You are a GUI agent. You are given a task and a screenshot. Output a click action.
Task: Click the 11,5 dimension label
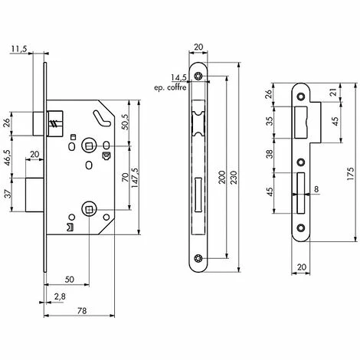pos(19,48)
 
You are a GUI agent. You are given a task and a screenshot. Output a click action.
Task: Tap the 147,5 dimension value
pos(135,178)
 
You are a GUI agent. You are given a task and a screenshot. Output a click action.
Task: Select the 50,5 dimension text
pos(125,122)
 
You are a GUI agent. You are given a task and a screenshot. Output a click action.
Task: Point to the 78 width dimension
pos(82,311)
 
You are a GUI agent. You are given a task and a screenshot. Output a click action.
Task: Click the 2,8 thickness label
pos(60,297)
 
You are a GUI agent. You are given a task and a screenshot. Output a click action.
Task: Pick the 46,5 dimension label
pos(8,158)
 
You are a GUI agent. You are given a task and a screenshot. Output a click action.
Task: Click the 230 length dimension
pos(234,177)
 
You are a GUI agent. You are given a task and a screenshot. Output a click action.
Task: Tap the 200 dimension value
pos(222,177)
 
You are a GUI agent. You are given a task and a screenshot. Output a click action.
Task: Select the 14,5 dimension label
pos(178,77)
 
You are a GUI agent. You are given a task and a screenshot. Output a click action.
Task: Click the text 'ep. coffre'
pos(170,88)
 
